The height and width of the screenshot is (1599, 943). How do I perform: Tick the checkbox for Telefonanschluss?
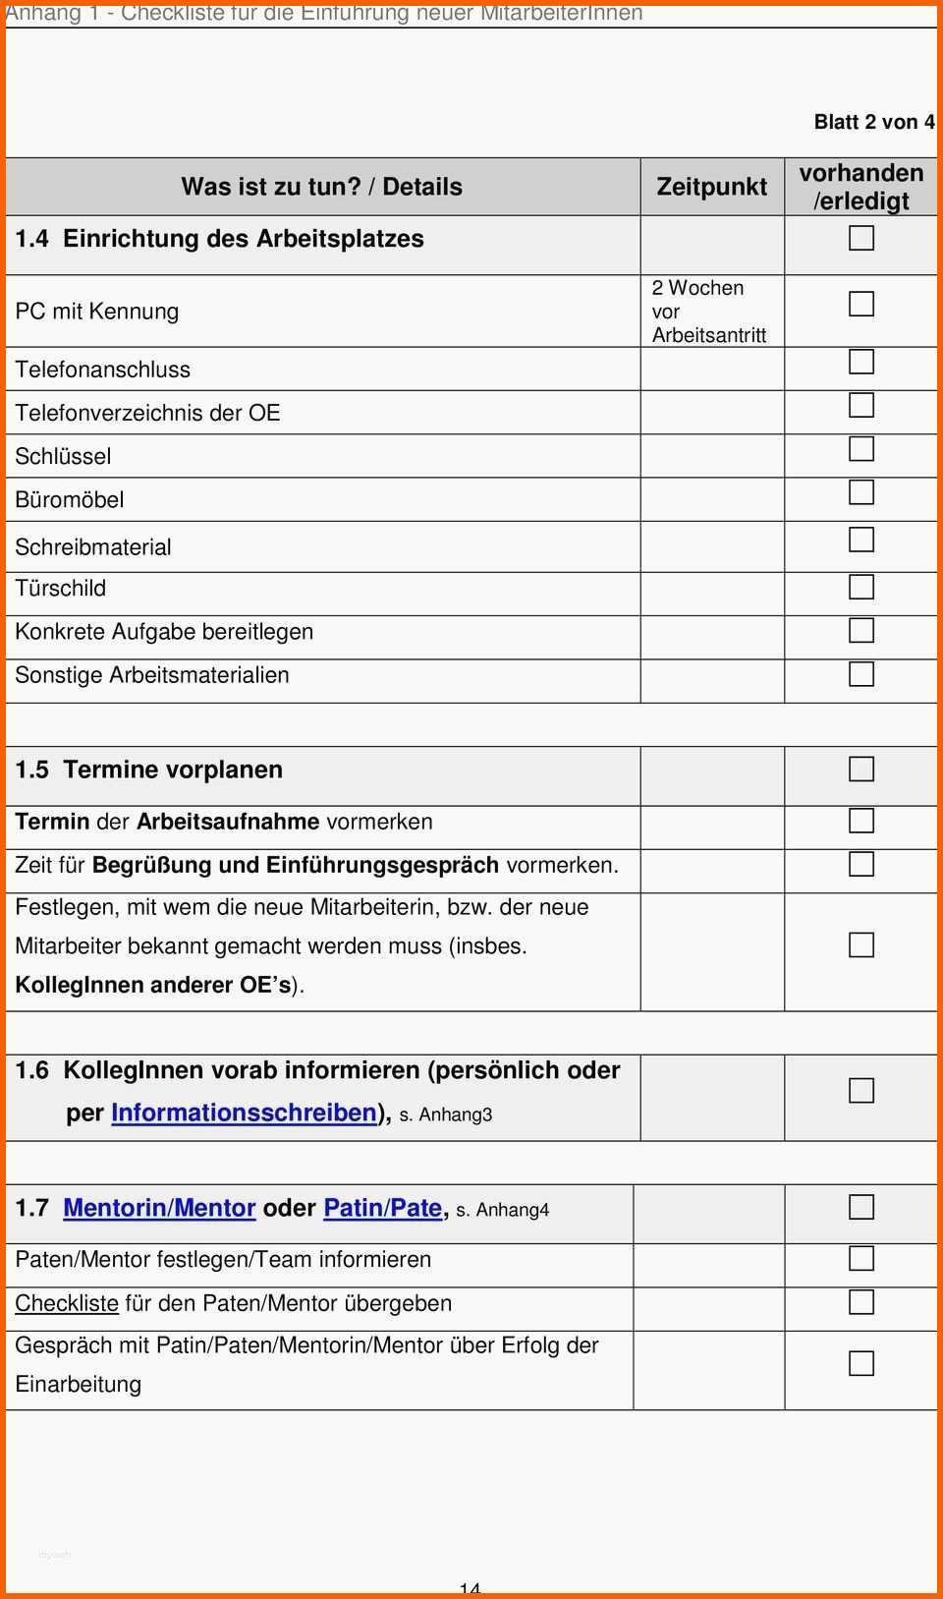click(x=860, y=362)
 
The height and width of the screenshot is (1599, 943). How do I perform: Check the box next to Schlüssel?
click(x=860, y=448)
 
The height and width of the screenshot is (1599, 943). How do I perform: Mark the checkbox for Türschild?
click(x=860, y=587)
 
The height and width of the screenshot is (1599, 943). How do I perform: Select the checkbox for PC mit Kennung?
click(x=860, y=304)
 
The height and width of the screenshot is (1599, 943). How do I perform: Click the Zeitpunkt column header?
click(x=711, y=187)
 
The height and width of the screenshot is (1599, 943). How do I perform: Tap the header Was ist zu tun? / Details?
click(x=321, y=187)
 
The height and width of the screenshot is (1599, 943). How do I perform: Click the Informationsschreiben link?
click(x=244, y=1113)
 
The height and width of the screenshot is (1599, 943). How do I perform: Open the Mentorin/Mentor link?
click(x=159, y=1208)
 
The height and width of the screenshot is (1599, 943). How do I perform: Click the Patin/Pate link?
click(x=382, y=1208)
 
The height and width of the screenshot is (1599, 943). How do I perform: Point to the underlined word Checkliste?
click(x=66, y=1303)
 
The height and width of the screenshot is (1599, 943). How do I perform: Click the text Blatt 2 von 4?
click(x=873, y=122)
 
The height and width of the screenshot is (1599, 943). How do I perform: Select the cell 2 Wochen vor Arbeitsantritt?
click(x=708, y=312)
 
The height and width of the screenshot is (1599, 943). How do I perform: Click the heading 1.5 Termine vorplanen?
click(x=149, y=770)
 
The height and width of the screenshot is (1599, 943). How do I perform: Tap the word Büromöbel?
click(x=70, y=499)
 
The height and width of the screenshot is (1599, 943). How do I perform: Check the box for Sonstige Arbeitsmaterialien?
click(x=860, y=673)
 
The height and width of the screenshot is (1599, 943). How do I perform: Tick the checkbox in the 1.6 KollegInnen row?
click(x=860, y=1090)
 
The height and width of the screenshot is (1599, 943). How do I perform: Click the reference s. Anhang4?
click(x=502, y=1210)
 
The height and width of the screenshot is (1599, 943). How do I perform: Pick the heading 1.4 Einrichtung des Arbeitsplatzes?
click(x=220, y=239)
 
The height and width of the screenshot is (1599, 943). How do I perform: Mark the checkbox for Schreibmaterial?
click(x=860, y=540)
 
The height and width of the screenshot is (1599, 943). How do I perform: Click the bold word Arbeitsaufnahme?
click(x=228, y=822)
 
